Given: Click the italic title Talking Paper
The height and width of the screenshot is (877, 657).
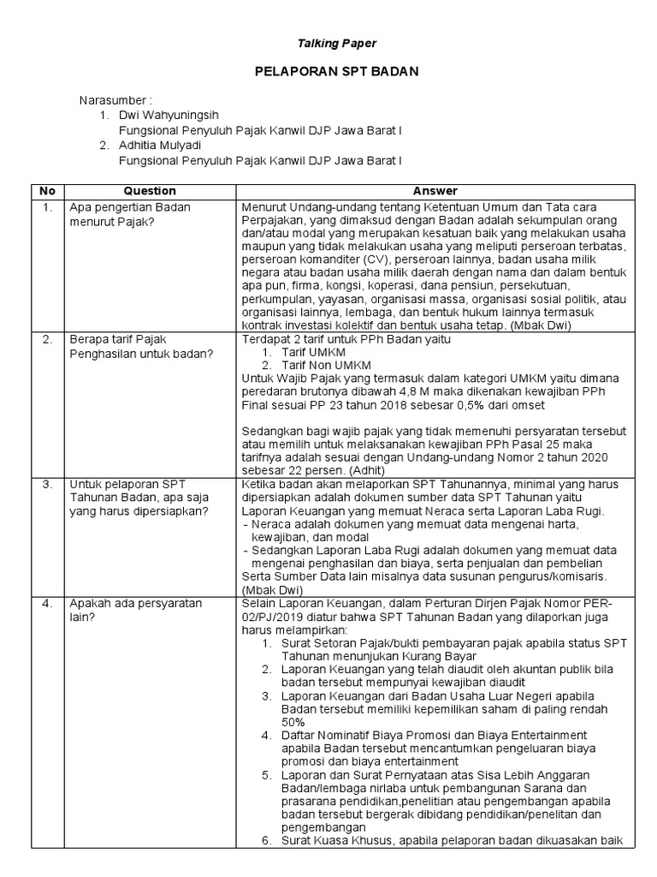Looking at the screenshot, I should tap(336, 43).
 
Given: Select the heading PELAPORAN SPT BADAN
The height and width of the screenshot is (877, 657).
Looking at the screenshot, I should tap(336, 72).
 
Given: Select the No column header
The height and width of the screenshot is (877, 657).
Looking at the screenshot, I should tap(47, 191).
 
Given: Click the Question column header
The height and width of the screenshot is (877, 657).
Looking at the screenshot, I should tap(150, 191).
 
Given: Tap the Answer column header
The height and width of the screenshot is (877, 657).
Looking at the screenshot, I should tap(435, 191).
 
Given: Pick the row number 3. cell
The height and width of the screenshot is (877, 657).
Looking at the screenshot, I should tap(47, 484).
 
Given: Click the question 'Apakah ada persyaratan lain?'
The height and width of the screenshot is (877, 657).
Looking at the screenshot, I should tap(136, 609).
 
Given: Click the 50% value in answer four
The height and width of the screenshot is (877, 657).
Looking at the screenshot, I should tap(295, 722).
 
